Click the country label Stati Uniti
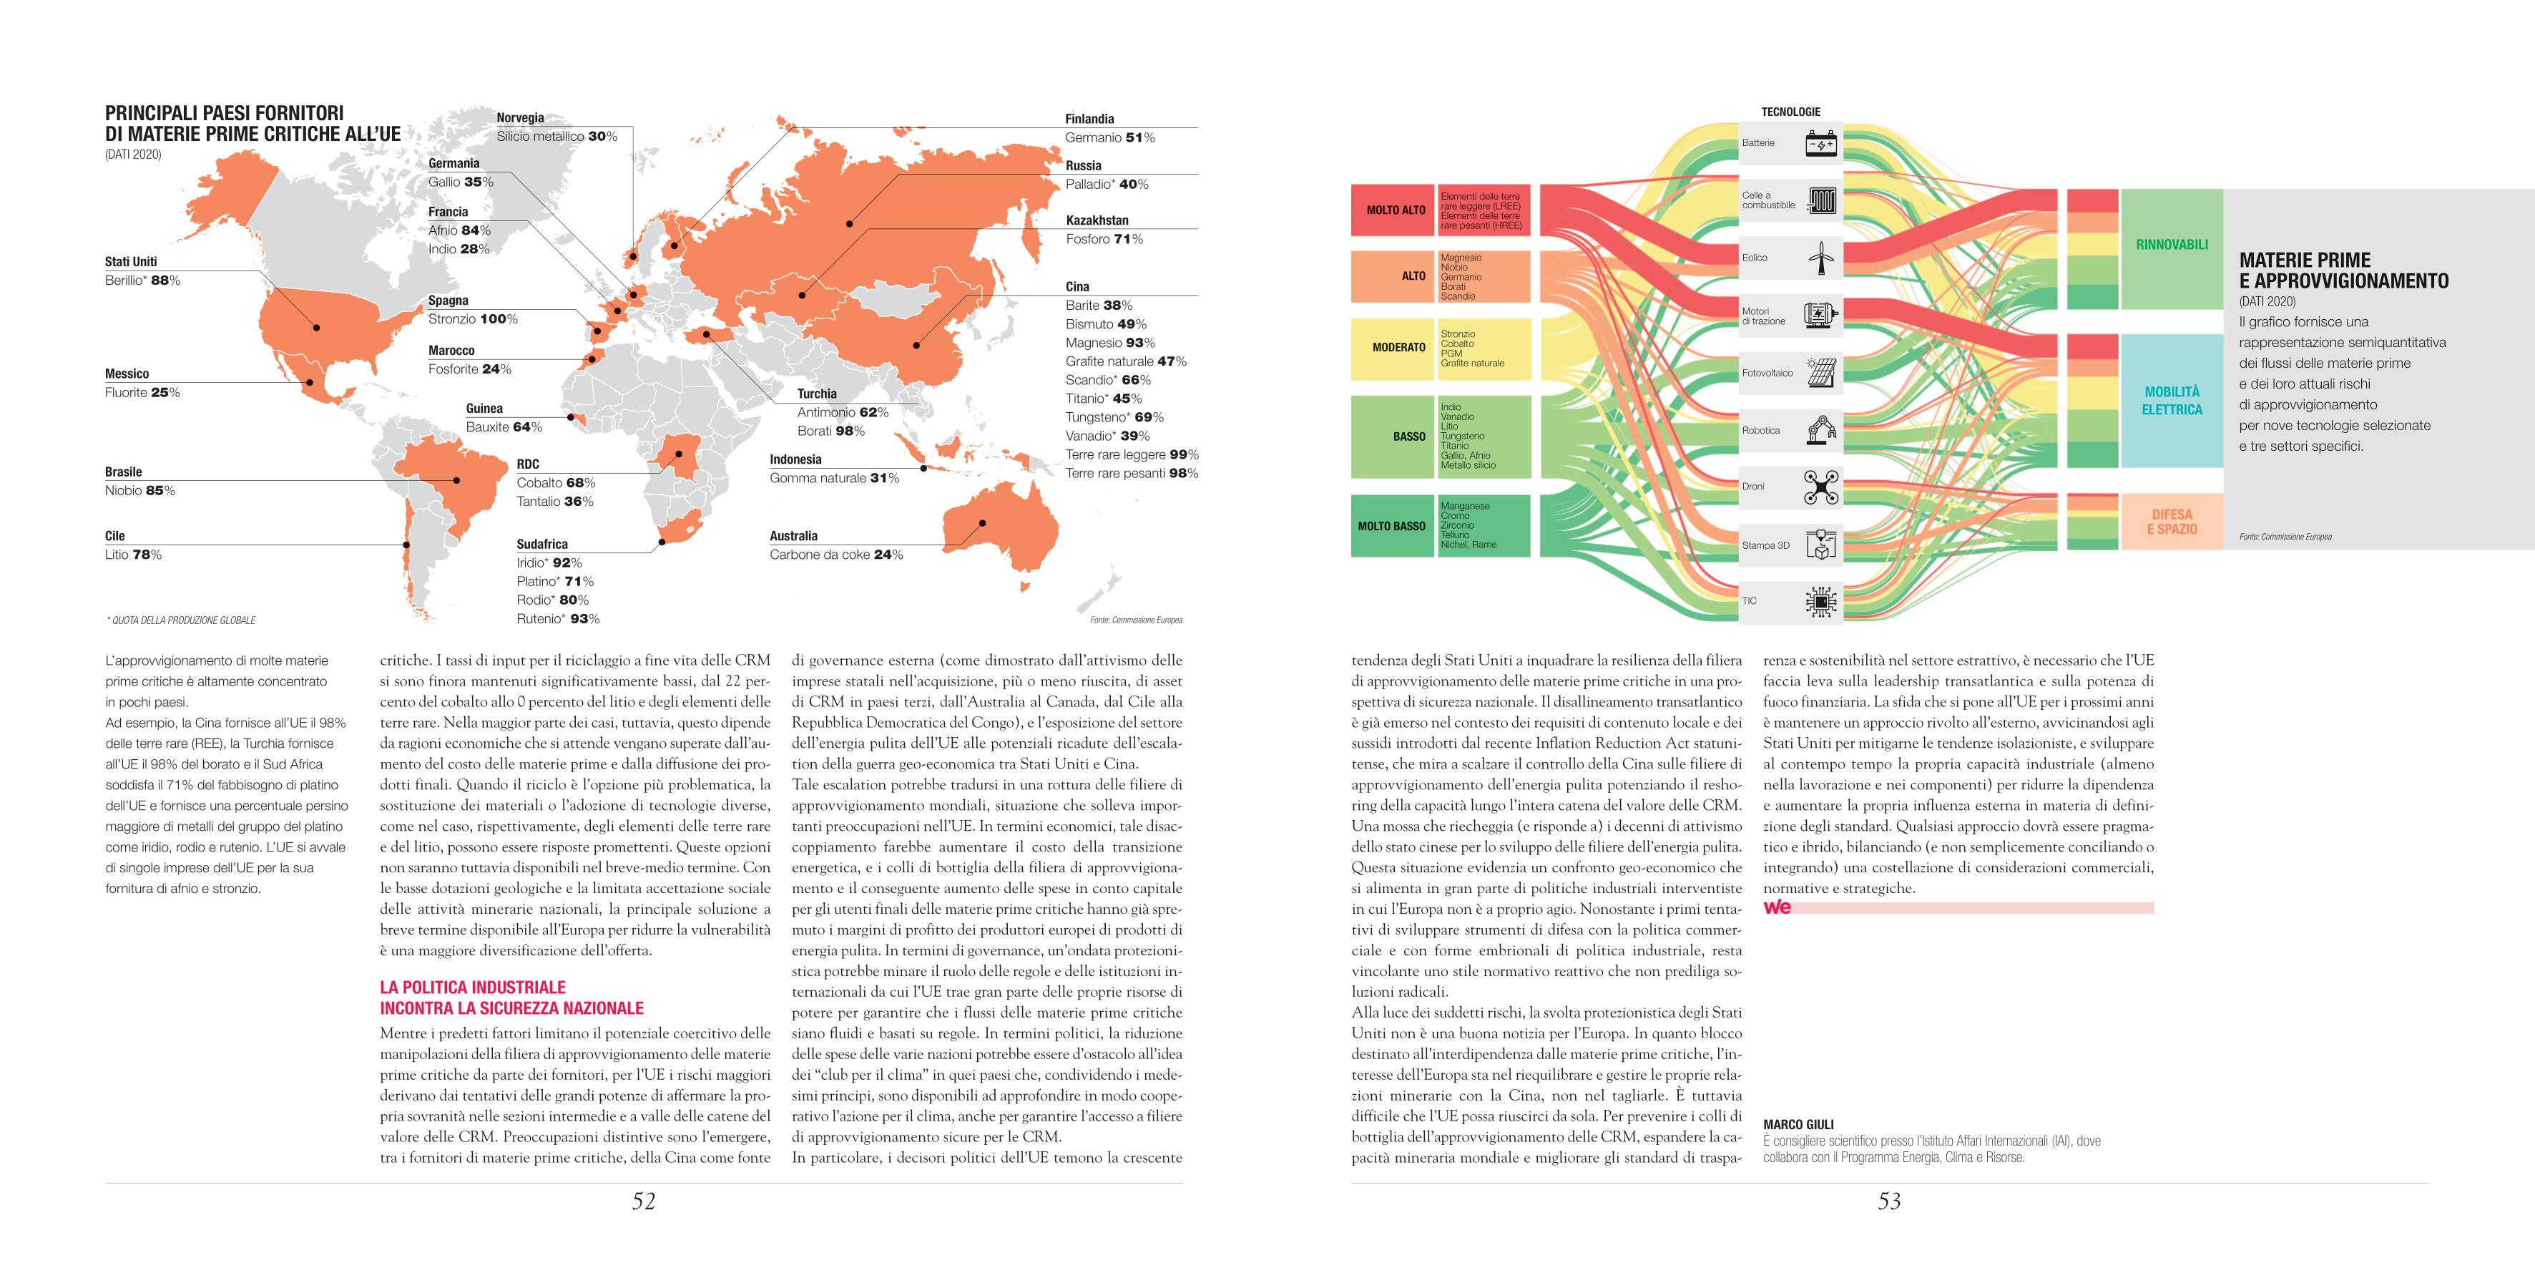click(x=131, y=262)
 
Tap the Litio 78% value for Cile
click(x=133, y=555)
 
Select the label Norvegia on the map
click(x=519, y=118)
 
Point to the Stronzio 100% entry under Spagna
click(x=472, y=319)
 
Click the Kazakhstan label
click(x=1097, y=220)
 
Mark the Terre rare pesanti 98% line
click(x=1132, y=474)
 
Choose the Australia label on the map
click(x=793, y=537)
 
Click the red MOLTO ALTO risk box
click(x=1394, y=210)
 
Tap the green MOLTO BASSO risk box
click(x=1391, y=526)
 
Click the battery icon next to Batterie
click(x=1820, y=144)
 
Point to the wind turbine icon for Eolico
click(x=1820, y=258)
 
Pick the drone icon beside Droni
click(x=1820, y=487)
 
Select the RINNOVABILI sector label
click(x=2172, y=244)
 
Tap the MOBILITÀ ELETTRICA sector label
click(x=2172, y=401)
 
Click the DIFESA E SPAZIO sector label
click(x=2172, y=522)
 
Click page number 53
click(x=1888, y=1201)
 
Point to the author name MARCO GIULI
click(x=1798, y=1124)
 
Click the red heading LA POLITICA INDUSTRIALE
click(x=472, y=987)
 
